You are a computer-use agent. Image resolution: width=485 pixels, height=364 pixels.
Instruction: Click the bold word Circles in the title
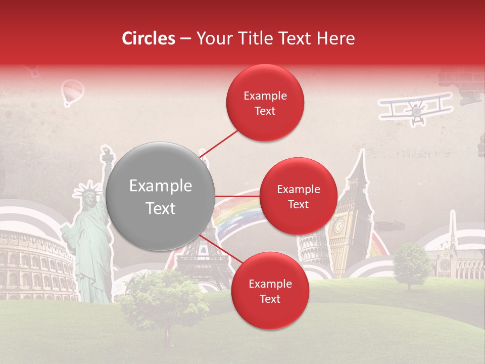149,38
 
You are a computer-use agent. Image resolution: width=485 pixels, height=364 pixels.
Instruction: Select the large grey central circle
160,196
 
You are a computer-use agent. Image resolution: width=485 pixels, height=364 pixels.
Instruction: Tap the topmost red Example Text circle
265,103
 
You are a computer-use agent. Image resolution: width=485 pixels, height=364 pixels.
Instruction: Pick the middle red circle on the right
298,196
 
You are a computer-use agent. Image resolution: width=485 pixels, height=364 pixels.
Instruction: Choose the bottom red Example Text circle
270,291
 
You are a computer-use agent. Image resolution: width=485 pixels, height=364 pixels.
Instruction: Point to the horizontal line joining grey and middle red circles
237,196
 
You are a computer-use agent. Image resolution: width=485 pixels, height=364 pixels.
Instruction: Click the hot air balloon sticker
72,92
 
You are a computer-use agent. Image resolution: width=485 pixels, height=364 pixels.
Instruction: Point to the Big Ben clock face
338,222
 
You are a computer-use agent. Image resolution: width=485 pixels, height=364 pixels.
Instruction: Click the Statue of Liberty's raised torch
107,154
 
